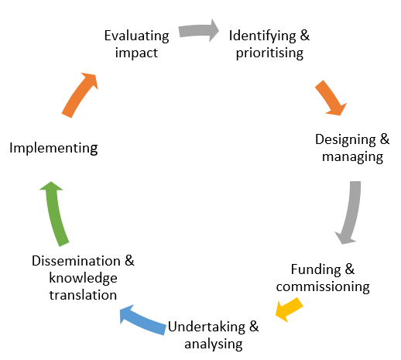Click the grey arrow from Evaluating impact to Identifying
(x=199, y=30)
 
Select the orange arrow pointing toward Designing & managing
(x=331, y=98)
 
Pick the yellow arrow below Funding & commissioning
(x=289, y=310)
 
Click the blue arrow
(x=142, y=320)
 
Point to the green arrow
(x=54, y=214)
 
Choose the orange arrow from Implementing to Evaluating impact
(x=80, y=95)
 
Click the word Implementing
(x=53, y=148)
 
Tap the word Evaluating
(x=136, y=36)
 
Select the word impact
(x=136, y=53)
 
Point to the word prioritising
(x=269, y=53)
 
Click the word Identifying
(x=262, y=36)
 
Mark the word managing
(x=352, y=157)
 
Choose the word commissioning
(x=323, y=286)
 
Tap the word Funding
(x=316, y=269)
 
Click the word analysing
(x=214, y=345)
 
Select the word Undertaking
(x=207, y=327)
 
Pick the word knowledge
(x=83, y=278)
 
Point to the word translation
(x=83, y=295)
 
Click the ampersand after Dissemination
(x=129, y=261)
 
